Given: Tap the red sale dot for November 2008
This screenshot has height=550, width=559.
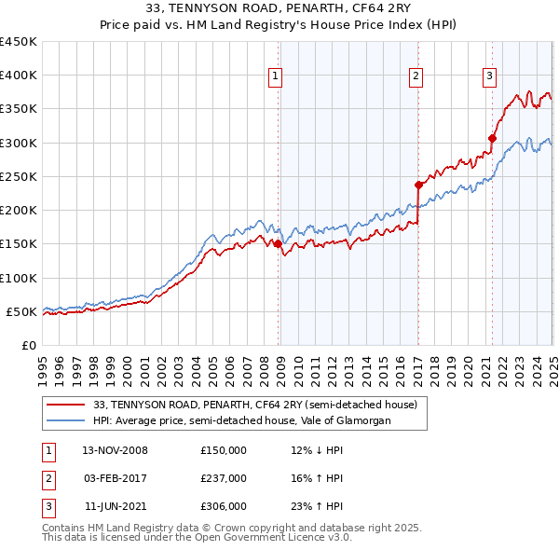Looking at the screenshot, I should coord(278,244).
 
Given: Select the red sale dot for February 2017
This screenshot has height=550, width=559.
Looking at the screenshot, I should coord(418,185).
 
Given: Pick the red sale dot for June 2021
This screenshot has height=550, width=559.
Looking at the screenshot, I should coord(492,138).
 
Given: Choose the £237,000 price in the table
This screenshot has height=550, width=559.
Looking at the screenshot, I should coord(224,478).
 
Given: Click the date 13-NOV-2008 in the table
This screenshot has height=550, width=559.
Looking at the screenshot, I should coord(116,450).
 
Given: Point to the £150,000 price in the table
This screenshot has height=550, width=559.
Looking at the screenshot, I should coord(224,450).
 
